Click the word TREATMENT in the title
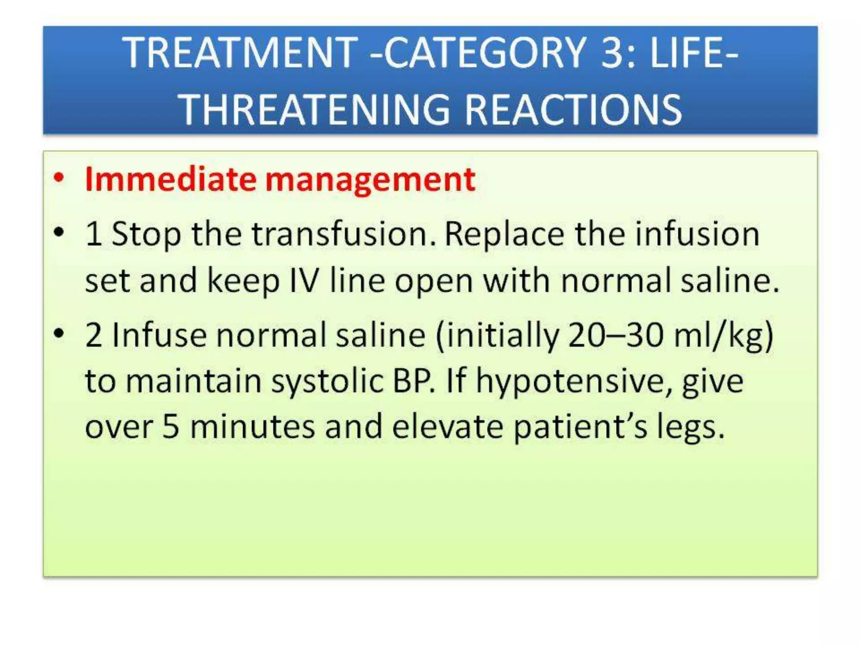(x=240, y=53)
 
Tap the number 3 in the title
(x=615, y=53)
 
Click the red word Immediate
(x=170, y=180)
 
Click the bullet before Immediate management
(x=59, y=178)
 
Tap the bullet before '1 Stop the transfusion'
(x=59, y=232)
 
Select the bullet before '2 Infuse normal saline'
(x=59, y=333)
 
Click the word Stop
(x=146, y=234)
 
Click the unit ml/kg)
(x=723, y=336)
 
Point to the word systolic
(x=327, y=381)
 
